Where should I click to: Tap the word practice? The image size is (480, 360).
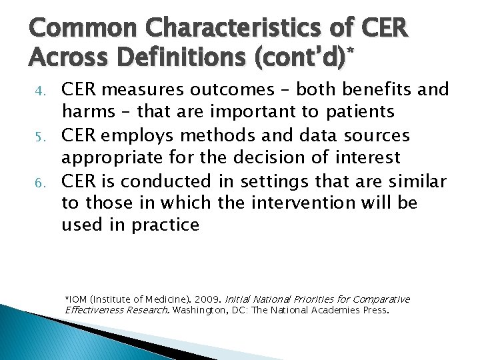(167, 225)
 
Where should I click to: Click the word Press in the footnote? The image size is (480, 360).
(375, 310)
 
